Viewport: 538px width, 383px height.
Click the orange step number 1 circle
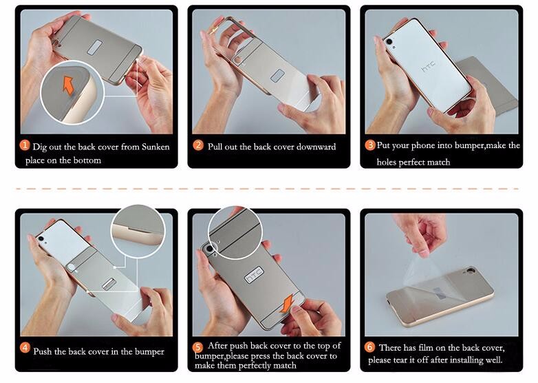[x=25, y=146]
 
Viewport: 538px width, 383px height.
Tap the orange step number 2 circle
[x=198, y=146]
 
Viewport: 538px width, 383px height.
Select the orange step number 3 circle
[x=370, y=145]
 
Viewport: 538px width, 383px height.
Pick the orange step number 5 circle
[x=198, y=347]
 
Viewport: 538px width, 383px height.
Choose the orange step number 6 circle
[x=369, y=347]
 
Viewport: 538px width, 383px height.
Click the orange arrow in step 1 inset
[x=68, y=84]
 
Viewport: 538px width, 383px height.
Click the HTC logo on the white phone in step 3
[x=428, y=68]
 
